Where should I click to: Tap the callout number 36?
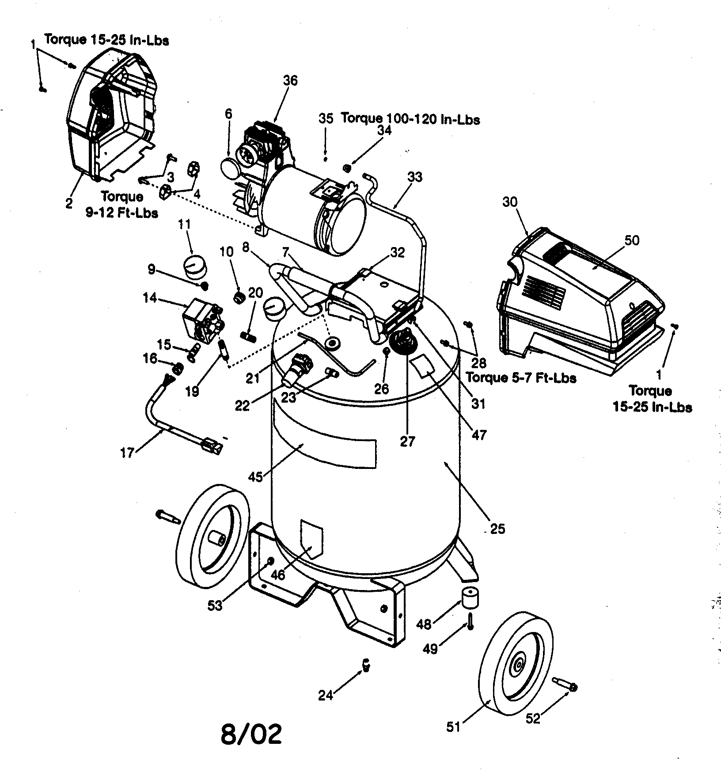coord(290,81)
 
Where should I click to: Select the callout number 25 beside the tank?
coord(497,529)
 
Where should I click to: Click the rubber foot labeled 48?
coord(471,598)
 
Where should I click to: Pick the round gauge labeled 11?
coord(195,265)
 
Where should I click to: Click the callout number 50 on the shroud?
coord(632,240)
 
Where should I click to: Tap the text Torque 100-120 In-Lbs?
coord(410,119)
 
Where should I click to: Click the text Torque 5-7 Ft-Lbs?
coord(521,378)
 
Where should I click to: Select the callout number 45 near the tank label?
coord(256,476)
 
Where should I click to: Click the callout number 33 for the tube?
coord(415,177)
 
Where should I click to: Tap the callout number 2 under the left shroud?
coord(69,204)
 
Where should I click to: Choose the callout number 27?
coord(407,441)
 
